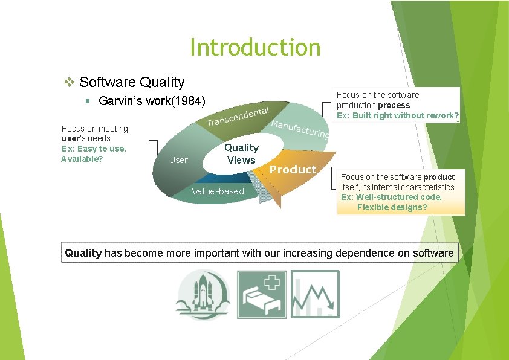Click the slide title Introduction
pyautogui.click(x=254, y=47)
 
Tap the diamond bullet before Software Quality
pyautogui.click(x=70, y=82)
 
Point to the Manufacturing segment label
pyautogui.click(x=300, y=128)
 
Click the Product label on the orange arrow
pyautogui.click(x=293, y=170)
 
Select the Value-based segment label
pyautogui.click(x=218, y=191)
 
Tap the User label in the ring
pyautogui.click(x=178, y=160)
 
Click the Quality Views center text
pyautogui.click(x=241, y=153)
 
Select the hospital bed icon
pyautogui.click(x=261, y=294)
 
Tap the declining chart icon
pyautogui.click(x=315, y=294)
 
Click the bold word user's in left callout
pyautogui.click(x=73, y=138)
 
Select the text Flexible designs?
pyautogui.click(x=392, y=207)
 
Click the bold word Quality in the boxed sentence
pyautogui.click(x=83, y=253)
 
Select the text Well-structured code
pyautogui.click(x=399, y=197)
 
